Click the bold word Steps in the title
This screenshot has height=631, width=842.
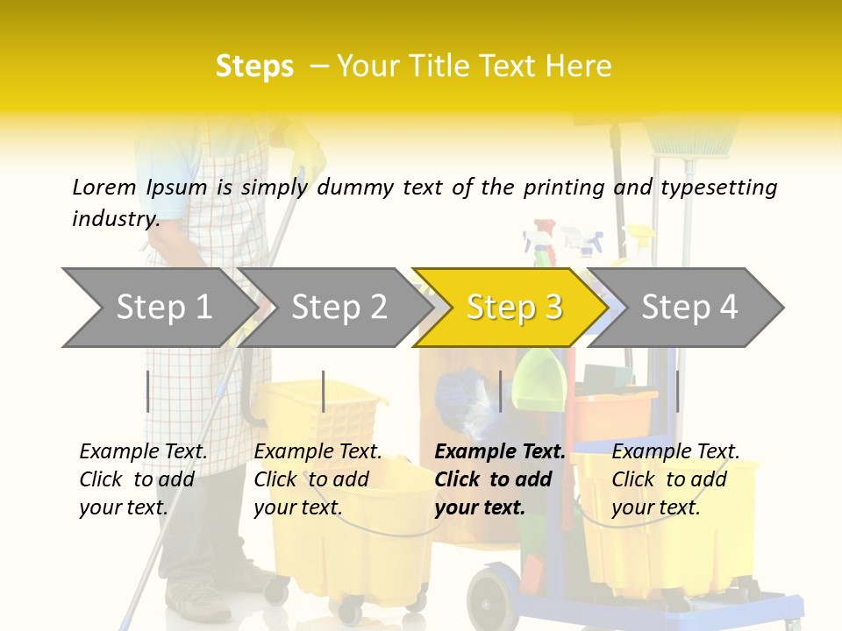click(x=254, y=66)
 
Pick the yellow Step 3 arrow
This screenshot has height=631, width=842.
click(x=514, y=307)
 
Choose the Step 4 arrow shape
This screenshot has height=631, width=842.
click(x=689, y=307)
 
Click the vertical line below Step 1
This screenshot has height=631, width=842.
click(x=147, y=391)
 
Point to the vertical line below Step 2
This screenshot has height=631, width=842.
click(x=324, y=391)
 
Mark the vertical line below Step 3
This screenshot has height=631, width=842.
click(x=500, y=391)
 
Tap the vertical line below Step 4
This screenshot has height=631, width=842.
click(x=677, y=391)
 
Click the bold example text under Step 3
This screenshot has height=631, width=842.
click(x=500, y=479)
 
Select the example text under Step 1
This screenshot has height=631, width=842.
click(x=143, y=479)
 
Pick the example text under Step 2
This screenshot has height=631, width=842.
click(x=318, y=479)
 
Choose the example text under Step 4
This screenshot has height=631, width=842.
click(x=675, y=479)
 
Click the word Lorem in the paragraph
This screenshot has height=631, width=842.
click(x=104, y=187)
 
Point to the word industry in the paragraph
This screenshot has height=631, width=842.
click(x=115, y=218)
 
